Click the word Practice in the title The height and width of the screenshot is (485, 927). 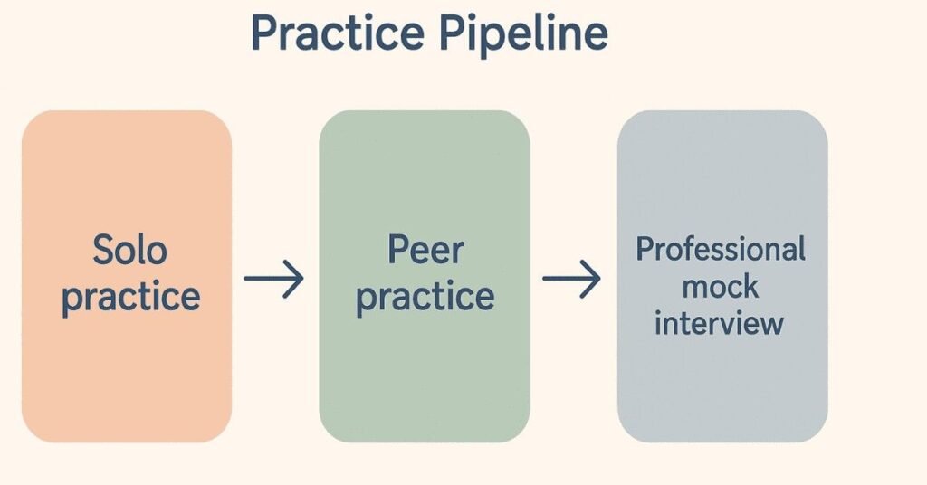(336, 33)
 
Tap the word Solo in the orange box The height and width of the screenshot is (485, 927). (129, 250)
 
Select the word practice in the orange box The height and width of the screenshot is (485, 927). (130, 298)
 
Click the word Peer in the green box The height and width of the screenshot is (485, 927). (425, 250)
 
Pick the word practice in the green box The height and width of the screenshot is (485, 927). (425, 298)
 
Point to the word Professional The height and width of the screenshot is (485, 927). (721, 250)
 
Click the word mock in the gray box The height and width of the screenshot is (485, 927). (721, 287)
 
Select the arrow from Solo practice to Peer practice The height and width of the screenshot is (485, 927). (274, 280)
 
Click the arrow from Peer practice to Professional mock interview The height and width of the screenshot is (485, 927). (572, 279)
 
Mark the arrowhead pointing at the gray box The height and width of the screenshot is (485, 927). (594, 279)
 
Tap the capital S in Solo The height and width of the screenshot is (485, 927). (103, 250)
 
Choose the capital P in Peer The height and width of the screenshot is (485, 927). (397, 250)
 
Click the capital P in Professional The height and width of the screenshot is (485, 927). (645, 249)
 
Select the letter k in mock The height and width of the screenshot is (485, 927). (750, 287)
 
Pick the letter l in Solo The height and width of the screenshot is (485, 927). (138, 249)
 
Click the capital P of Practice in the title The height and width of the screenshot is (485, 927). (263, 33)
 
